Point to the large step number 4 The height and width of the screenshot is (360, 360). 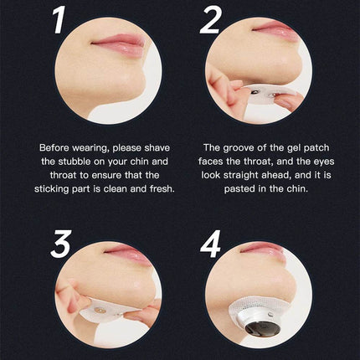[211, 244]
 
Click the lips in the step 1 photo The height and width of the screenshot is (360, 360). [120, 43]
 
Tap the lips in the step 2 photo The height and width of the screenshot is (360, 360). [275, 29]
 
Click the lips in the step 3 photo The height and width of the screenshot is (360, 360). [128, 254]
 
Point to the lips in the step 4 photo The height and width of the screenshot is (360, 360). [262, 251]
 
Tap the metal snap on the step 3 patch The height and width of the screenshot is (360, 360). [98, 310]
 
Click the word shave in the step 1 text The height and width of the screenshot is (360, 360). [157, 147]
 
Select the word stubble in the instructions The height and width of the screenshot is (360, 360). [75, 162]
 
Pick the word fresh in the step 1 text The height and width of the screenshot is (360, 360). [162, 188]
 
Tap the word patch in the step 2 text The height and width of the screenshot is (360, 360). [316, 148]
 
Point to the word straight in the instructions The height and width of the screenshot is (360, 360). [240, 175]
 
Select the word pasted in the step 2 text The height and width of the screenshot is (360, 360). [239, 189]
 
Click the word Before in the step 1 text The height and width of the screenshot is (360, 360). [54, 147]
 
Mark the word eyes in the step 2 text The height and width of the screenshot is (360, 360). [324, 162]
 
